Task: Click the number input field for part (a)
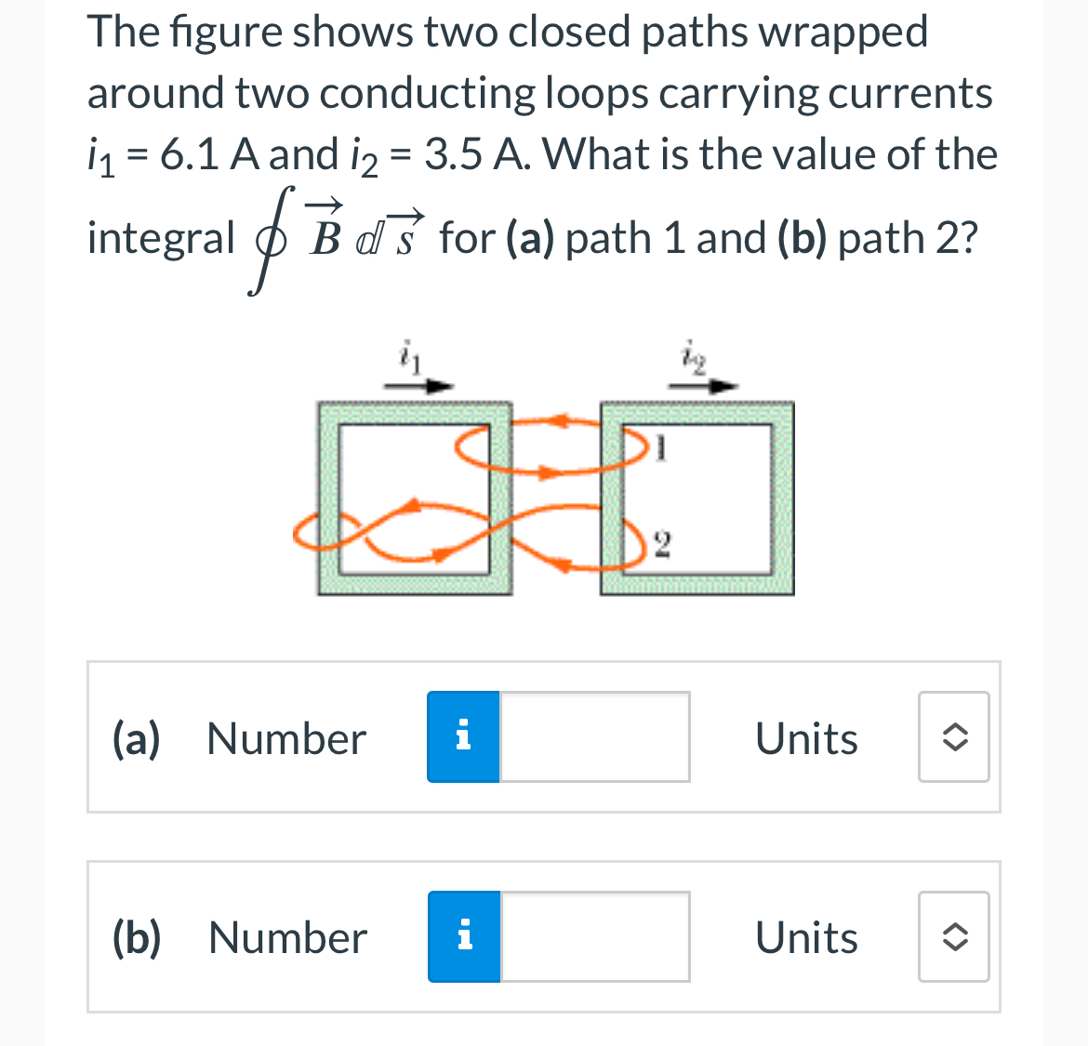click(595, 737)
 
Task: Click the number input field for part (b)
click(595, 937)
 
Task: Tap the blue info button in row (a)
click(463, 737)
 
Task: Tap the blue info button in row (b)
click(464, 937)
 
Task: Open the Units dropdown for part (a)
click(953, 737)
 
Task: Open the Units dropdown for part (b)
click(953, 937)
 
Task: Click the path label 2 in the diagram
click(660, 543)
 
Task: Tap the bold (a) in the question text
click(530, 239)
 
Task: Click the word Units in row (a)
click(806, 739)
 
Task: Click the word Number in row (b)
click(287, 938)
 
